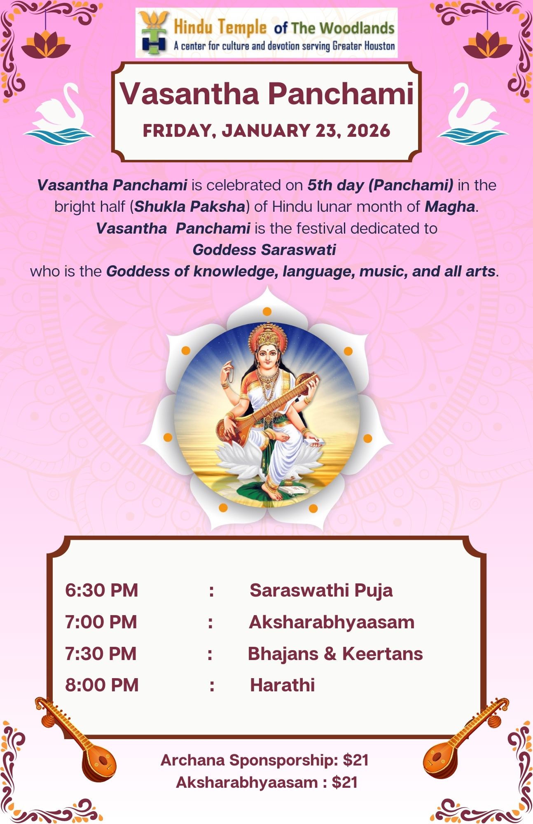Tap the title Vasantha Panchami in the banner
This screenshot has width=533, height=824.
point(267,94)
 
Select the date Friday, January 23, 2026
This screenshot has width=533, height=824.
point(266,131)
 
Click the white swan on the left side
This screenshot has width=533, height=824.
point(59,112)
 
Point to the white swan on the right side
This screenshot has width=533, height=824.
point(472,112)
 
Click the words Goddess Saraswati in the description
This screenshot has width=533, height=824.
point(264,250)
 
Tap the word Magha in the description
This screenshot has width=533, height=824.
point(450,206)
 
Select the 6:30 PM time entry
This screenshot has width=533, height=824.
point(101,590)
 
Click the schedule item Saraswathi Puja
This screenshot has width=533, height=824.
point(321,590)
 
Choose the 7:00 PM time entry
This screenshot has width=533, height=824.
point(101,622)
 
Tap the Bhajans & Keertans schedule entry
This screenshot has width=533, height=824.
point(335,654)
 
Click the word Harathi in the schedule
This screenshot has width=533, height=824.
point(283,685)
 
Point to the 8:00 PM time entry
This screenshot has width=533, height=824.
point(102,685)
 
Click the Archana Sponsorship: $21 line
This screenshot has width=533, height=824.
point(264,760)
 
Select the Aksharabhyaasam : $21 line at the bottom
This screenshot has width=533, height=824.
point(266,782)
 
